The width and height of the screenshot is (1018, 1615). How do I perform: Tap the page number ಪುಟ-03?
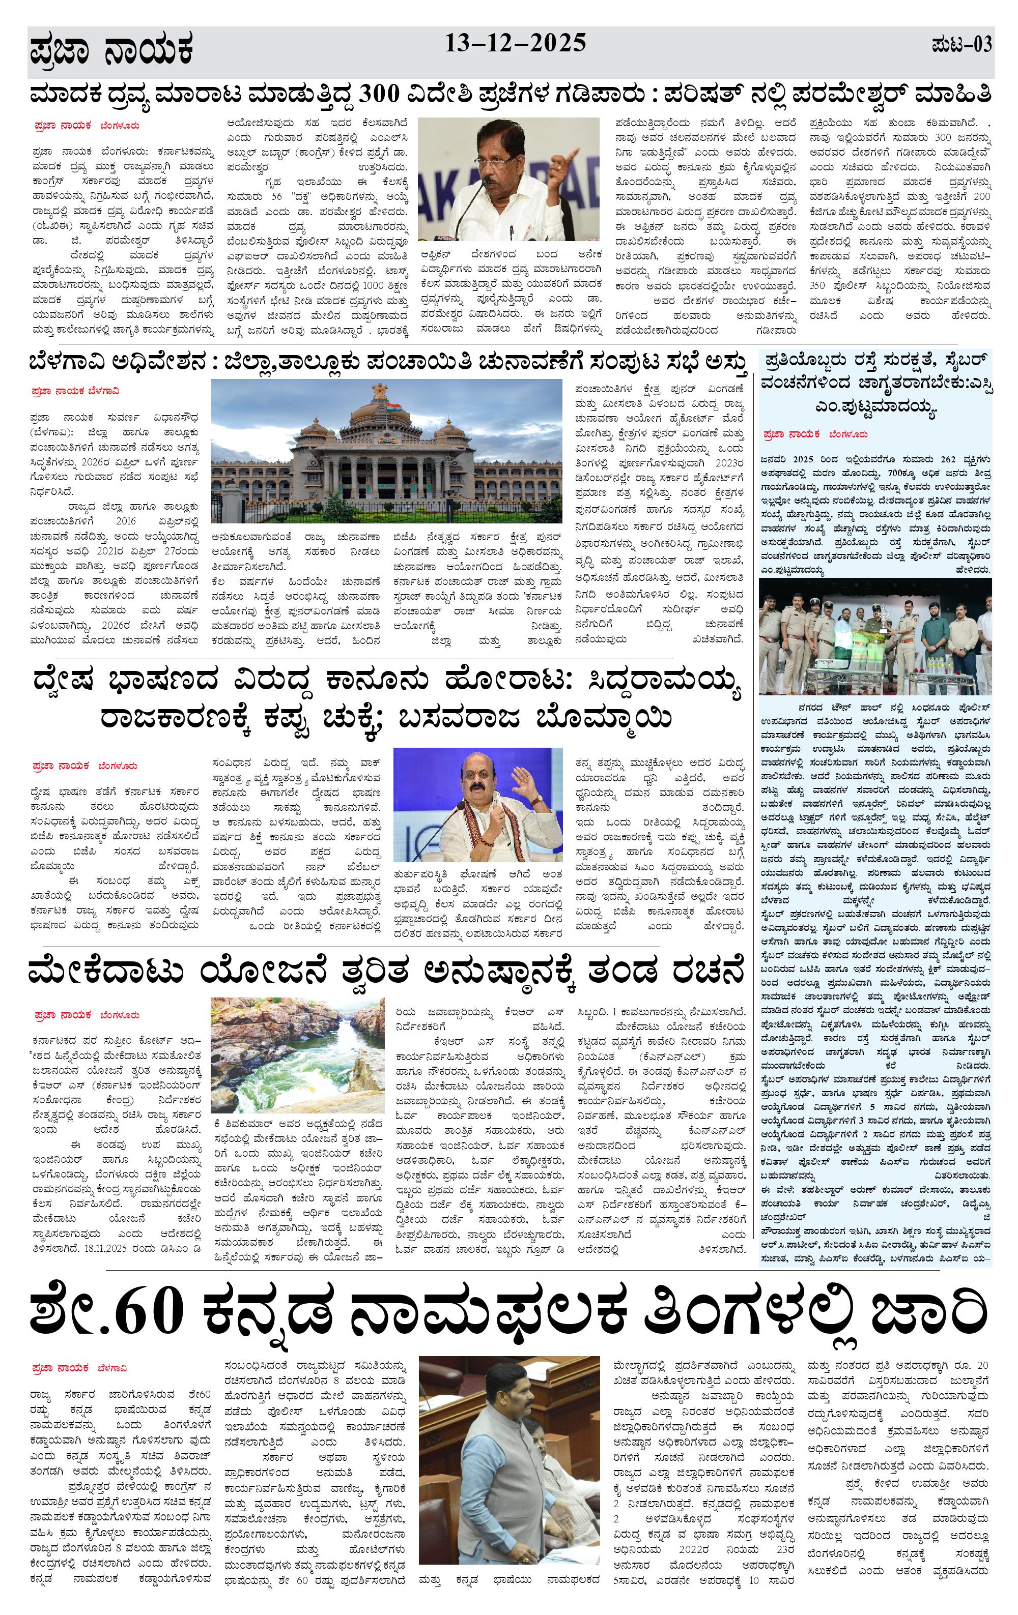coord(961,46)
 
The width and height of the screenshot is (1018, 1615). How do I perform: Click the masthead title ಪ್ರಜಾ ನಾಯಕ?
coord(111,51)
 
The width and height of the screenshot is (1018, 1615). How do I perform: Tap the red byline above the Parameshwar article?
coord(87,126)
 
